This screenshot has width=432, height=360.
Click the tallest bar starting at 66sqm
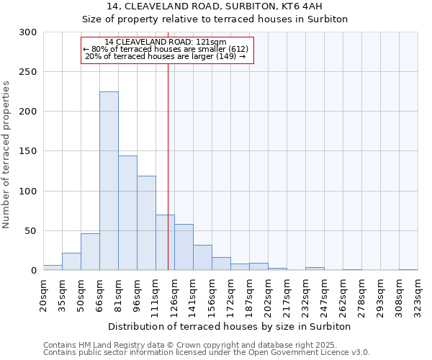[x=109, y=181]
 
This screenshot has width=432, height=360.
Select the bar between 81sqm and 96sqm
[x=127, y=213]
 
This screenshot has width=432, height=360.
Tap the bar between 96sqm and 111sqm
[x=146, y=223]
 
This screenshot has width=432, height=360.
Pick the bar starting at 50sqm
[x=90, y=252]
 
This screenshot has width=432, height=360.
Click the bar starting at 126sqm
[x=184, y=247]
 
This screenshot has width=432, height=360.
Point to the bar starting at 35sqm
[x=71, y=261]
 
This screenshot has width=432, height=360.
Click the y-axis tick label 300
[x=28, y=32]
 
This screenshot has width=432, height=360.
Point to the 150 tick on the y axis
[x=28, y=151]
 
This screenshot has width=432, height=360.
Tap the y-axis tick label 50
[x=31, y=231]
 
